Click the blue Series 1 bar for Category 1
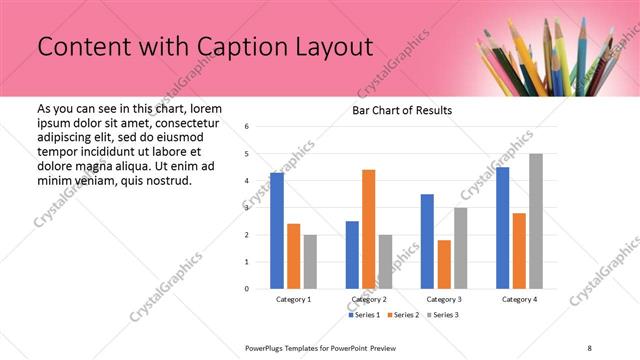coord(277,231)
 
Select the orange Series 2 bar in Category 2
coord(368,229)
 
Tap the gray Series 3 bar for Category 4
coord(536,221)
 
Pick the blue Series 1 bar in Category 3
coord(427,241)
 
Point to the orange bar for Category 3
coord(444,264)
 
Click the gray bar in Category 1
coord(310,262)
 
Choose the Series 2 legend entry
coord(405,315)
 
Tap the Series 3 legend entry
coord(443,315)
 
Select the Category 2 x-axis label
coord(368,299)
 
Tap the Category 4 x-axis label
coord(519,299)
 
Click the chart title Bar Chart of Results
coord(401,110)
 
